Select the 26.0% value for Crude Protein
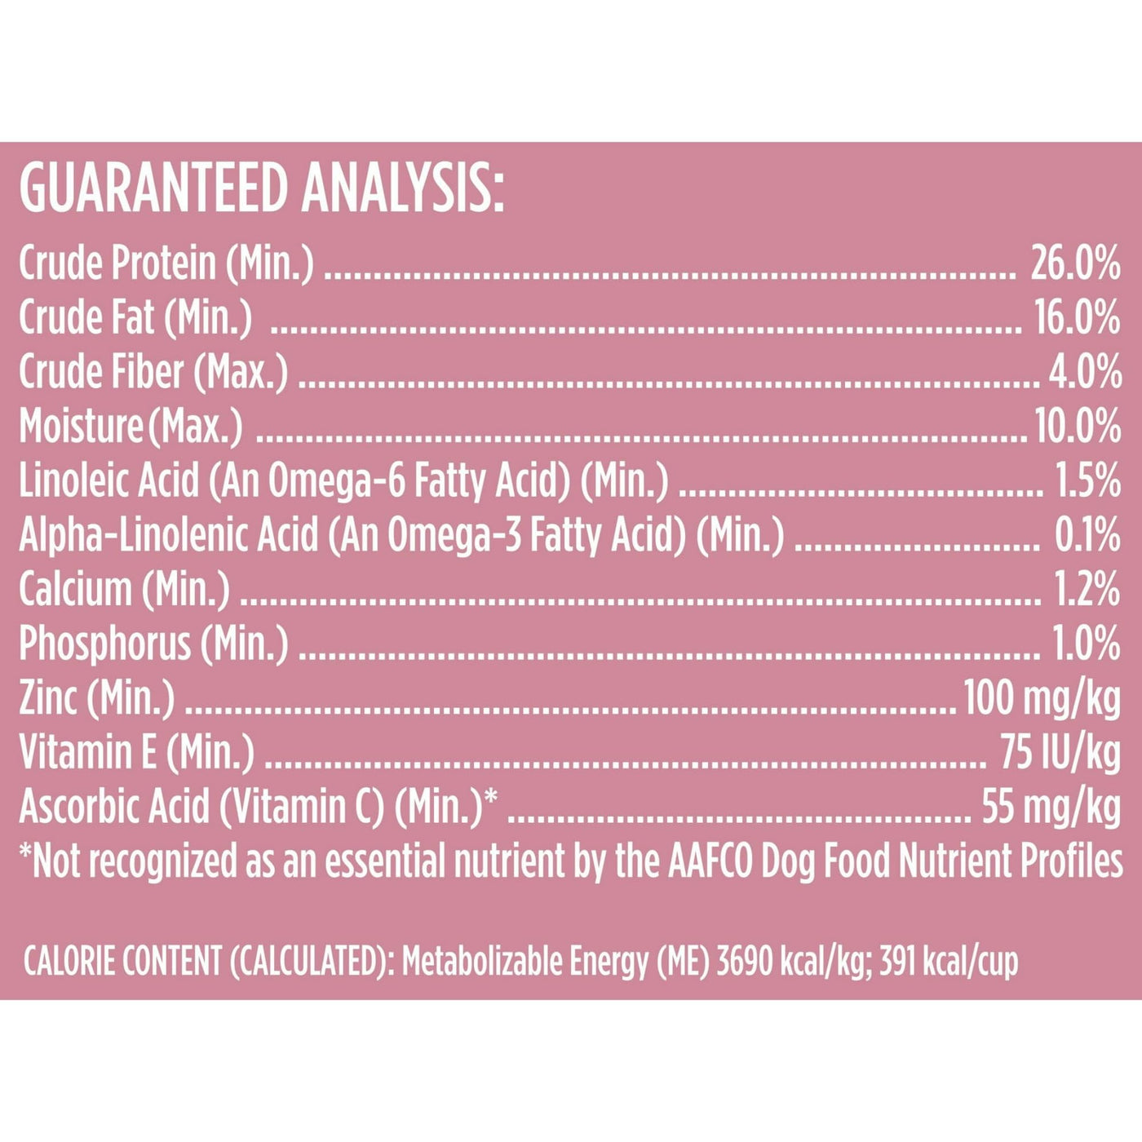(1075, 263)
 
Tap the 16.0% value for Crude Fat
(1077, 318)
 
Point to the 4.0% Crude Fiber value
(1084, 372)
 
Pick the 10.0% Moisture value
(1078, 427)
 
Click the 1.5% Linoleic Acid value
(1088, 481)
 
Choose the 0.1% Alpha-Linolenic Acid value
(1087, 535)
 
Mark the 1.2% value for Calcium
(1087, 590)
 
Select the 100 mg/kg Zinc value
(1042, 699)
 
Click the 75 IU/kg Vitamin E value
(1060, 753)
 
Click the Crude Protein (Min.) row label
(166, 263)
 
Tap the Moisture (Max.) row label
(131, 427)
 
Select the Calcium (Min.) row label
(124, 590)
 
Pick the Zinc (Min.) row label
(96, 699)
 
